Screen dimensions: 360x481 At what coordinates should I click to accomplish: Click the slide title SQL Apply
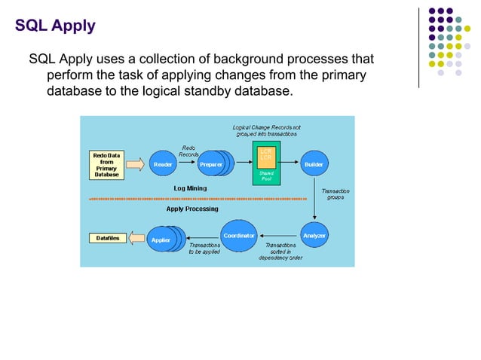tap(55, 26)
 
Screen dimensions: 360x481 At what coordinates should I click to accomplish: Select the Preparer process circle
tap(211, 163)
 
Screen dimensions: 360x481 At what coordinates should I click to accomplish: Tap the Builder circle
tap(314, 163)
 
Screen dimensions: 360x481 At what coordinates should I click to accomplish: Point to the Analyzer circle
tap(314, 236)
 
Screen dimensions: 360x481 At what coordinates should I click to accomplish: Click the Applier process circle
tap(161, 240)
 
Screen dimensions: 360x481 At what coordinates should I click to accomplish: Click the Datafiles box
tap(106, 238)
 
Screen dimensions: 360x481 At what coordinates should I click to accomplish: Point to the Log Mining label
tap(190, 188)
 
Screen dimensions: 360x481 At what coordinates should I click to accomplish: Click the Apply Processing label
tap(192, 209)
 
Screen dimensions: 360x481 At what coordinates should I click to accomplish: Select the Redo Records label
tap(188, 151)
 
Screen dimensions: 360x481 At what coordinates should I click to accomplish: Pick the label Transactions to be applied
tap(204, 249)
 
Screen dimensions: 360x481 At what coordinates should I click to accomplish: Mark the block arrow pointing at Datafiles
tap(136, 239)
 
